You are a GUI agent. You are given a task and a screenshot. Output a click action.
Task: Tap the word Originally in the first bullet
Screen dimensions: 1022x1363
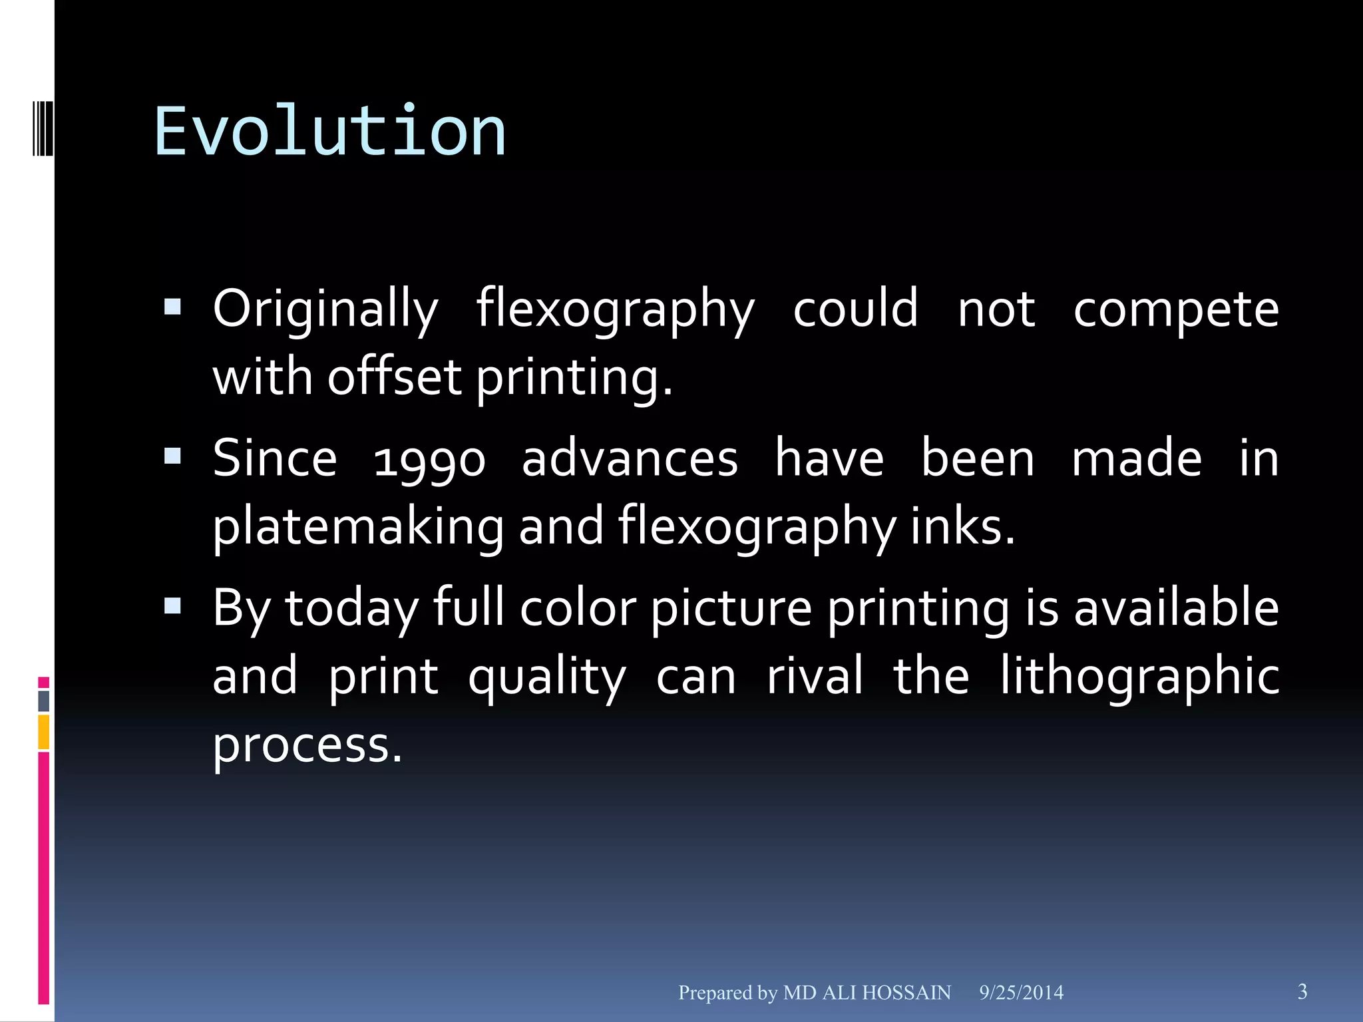[325, 309]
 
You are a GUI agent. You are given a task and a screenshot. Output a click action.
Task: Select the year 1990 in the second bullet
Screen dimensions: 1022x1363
[429, 460]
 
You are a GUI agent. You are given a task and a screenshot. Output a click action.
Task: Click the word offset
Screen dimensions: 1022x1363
[394, 377]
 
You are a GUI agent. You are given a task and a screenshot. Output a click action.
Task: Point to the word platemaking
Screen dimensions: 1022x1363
[358, 527]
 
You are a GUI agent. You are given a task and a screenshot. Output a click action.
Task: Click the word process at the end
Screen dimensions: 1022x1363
[307, 745]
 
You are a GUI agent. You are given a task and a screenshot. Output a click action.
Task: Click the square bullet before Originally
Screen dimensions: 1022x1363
[172, 307]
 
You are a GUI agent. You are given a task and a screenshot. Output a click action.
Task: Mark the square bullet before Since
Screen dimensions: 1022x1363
[172, 456]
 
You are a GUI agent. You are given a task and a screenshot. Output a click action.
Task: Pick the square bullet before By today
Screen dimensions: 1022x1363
[172, 605]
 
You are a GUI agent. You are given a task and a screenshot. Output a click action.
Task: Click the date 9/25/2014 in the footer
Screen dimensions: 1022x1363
[1021, 993]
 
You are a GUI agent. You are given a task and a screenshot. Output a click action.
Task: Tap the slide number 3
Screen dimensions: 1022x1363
[1302, 991]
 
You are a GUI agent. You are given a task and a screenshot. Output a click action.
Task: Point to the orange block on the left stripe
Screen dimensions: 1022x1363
[44, 732]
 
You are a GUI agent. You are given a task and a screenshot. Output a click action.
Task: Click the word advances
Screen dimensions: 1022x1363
[630, 459]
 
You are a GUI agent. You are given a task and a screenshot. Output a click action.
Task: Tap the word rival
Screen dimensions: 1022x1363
[815, 676]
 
